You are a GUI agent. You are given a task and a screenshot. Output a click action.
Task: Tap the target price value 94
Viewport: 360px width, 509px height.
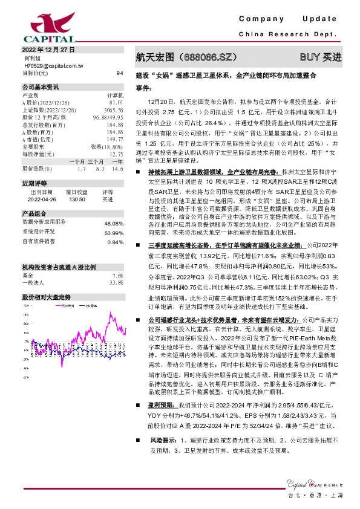click(x=119, y=73)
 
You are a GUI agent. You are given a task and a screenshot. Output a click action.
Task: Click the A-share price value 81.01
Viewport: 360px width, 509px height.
click(x=116, y=103)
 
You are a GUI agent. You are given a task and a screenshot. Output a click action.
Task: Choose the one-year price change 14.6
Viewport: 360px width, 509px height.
click(x=117, y=169)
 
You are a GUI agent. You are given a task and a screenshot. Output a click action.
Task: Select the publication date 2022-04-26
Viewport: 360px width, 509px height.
click(x=38, y=198)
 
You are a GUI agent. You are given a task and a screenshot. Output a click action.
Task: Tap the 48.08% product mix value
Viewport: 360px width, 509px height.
click(x=114, y=223)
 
